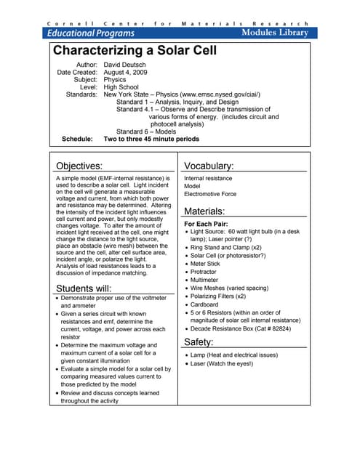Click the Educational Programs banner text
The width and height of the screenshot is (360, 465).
pos(91,33)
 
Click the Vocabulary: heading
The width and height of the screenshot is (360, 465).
pos(209,166)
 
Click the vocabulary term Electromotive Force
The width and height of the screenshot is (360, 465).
pos(210,195)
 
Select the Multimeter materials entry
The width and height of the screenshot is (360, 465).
pos(207,280)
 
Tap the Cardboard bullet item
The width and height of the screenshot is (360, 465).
pos(207,304)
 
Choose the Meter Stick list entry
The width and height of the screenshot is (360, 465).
pos(207,264)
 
